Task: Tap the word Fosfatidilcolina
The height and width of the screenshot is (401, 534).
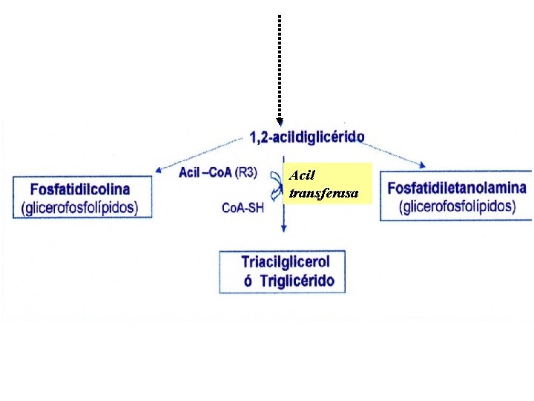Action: click(81, 189)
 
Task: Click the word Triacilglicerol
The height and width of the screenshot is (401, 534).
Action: click(286, 261)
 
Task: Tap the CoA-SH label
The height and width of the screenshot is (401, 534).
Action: click(243, 208)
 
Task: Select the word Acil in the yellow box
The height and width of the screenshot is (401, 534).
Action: click(303, 176)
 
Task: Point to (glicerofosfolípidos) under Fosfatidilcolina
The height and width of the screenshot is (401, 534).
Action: click(81, 207)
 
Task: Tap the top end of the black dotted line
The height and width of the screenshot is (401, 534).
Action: click(280, 16)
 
